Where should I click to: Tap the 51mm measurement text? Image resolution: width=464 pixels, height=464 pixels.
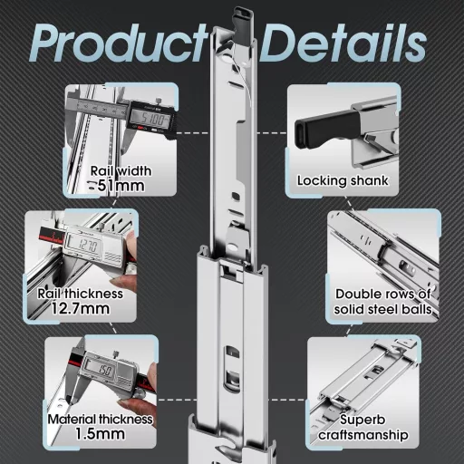coord(121,187)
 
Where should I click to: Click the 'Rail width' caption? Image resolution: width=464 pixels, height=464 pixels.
coord(121,169)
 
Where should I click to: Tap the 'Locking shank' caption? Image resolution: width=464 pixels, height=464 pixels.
coord(343,180)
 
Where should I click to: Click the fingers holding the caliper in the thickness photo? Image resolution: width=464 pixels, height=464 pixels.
coord(127,258)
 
